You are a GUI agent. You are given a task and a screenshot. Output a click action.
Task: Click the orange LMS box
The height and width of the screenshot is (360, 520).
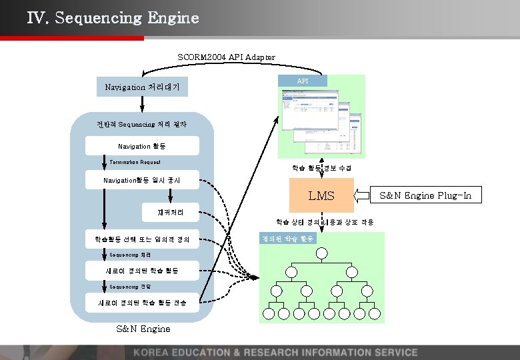tap(321, 195)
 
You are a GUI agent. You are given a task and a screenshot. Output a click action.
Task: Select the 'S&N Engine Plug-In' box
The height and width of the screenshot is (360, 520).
tap(425, 195)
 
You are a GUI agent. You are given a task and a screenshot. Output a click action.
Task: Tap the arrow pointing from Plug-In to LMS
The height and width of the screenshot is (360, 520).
tap(364, 195)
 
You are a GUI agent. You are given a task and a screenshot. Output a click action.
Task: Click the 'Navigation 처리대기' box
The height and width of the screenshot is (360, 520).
tap(142, 87)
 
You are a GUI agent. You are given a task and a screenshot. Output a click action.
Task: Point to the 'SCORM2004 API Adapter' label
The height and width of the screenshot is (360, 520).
tap(227, 57)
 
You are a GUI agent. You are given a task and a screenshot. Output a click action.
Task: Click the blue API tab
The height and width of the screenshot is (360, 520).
tap(303, 81)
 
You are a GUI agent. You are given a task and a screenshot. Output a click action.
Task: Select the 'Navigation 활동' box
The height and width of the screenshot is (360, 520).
tap(142, 146)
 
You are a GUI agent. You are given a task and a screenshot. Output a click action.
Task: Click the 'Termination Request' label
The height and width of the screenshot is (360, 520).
tap(135, 163)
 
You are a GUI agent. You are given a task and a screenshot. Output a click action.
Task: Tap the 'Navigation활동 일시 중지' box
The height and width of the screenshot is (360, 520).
tap(142, 181)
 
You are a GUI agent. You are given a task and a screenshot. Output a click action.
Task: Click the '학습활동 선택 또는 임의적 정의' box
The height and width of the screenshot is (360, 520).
tap(142, 238)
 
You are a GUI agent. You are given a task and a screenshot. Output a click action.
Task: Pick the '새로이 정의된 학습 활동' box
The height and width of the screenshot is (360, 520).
tap(142, 271)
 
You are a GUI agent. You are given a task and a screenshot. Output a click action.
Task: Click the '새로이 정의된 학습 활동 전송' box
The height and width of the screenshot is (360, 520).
tap(142, 303)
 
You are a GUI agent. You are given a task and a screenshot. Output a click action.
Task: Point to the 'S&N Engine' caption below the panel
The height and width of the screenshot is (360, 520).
tap(143, 329)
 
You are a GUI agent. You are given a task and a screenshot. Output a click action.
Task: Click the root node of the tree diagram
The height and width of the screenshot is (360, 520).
tap(323, 253)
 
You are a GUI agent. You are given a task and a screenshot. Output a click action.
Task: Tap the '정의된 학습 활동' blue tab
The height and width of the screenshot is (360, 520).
tap(288, 238)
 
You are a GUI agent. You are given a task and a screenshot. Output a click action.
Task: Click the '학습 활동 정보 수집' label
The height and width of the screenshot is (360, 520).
tap(322, 168)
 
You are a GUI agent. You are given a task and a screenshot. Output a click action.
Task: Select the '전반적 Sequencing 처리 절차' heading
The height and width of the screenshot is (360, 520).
tap(141, 124)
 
